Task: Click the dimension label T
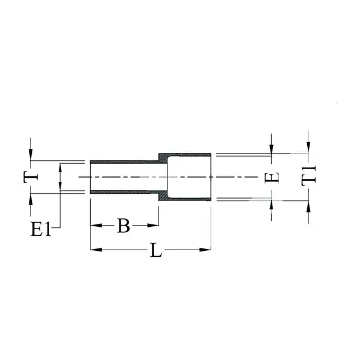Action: pyautogui.click(x=31, y=177)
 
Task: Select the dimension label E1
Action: pyautogui.click(x=41, y=229)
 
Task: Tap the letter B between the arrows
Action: pyautogui.click(x=123, y=226)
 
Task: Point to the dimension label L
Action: pyautogui.click(x=156, y=250)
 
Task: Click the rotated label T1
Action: pyautogui.click(x=308, y=176)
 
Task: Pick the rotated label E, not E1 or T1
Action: pyautogui.click(x=272, y=177)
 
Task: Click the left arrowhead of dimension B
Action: pyautogui.click(x=96, y=226)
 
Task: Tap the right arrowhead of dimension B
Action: pyautogui.click(x=153, y=226)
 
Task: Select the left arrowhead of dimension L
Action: pyautogui.click(x=96, y=250)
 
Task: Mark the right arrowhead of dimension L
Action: pyautogui.click(x=205, y=250)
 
